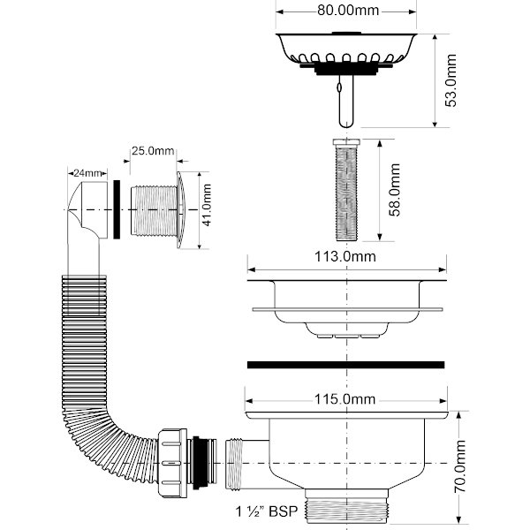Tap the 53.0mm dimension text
pos(451,82)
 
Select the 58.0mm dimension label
pos(396,191)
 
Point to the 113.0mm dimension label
pos(345,257)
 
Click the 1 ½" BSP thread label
pos(267,511)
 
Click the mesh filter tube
pos(344,191)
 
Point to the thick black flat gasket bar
pos(345,364)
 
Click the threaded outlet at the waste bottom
pos(344,510)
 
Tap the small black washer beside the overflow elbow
pos(116,210)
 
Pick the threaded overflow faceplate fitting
pos(155,210)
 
